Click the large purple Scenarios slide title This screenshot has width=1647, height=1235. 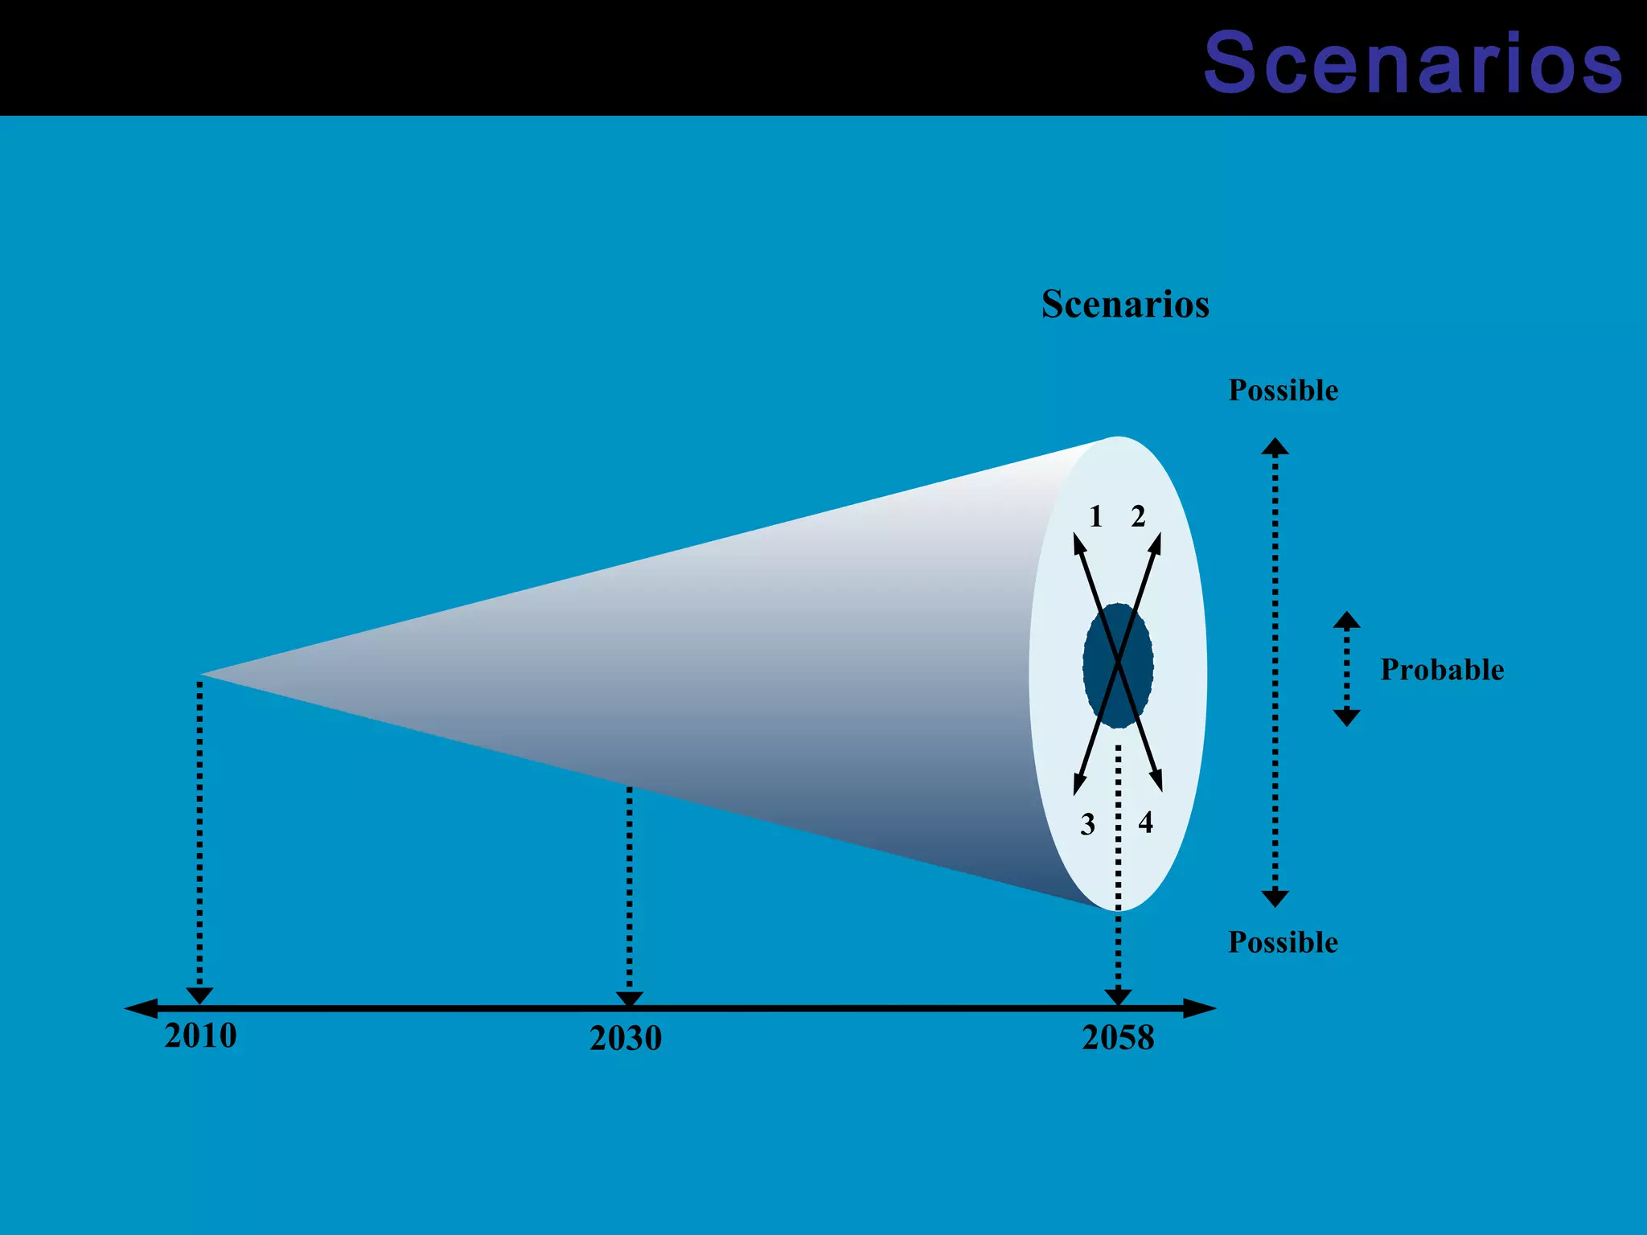(x=1412, y=63)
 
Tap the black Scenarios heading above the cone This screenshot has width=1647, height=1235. (x=1125, y=305)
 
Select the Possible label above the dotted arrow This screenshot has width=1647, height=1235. (x=1283, y=391)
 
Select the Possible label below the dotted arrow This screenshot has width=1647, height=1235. (x=1283, y=942)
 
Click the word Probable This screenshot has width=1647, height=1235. (x=1441, y=670)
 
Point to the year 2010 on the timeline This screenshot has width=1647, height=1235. (x=200, y=1036)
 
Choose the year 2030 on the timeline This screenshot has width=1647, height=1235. (x=626, y=1038)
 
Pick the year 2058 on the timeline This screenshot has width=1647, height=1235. (x=1118, y=1038)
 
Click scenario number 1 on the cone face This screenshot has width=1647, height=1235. (x=1095, y=516)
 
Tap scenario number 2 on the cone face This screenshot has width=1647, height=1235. (x=1138, y=516)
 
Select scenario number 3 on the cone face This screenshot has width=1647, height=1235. (x=1087, y=824)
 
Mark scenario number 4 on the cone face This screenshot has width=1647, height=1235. (x=1146, y=823)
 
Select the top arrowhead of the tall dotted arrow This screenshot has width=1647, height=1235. (x=1275, y=446)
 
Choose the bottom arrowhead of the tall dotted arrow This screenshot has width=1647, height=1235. (x=1275, y=898)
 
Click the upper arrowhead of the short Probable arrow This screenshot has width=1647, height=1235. (x=1346, y=620)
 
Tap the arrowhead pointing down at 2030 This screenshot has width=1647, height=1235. (x=629, y=999)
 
